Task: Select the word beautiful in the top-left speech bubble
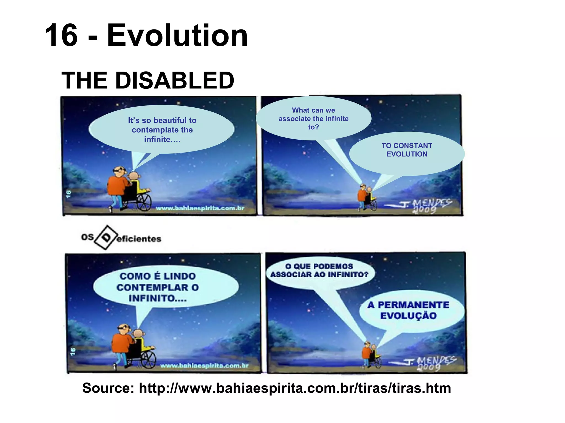click(169, 120)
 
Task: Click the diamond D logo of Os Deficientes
click(106, 237)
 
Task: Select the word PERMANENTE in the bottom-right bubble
click(413, 305)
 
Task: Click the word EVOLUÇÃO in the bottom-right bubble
click(408, 316)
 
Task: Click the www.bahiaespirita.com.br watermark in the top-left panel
click(200, 208)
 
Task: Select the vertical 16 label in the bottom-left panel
click(73, 351)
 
